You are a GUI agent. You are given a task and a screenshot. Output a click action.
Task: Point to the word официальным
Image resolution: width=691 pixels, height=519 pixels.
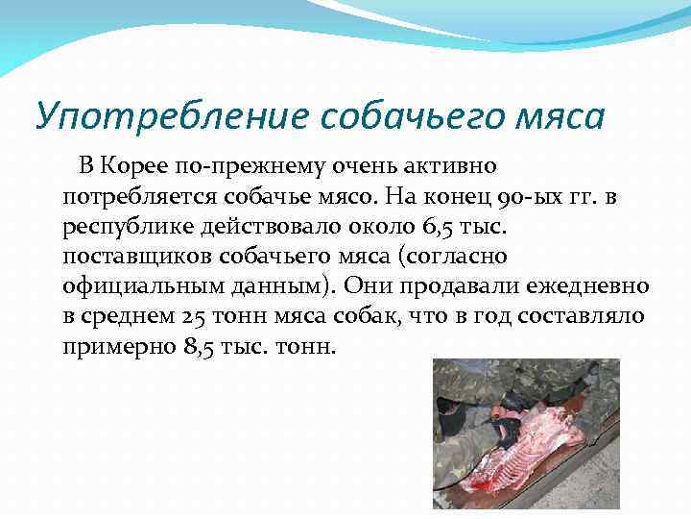[130, 286]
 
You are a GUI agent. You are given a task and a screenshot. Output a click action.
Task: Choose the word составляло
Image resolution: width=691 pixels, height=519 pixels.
[586, 316]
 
